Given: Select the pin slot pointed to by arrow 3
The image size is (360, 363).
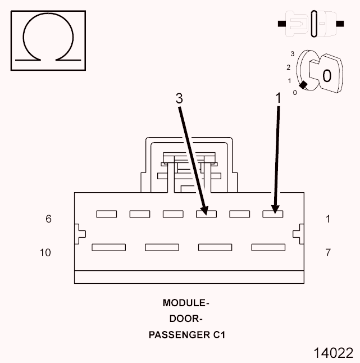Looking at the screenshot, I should pos(206,214).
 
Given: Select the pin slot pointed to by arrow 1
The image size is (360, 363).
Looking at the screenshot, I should pos(273,214).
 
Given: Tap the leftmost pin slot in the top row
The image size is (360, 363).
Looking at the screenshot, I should pos(106,214).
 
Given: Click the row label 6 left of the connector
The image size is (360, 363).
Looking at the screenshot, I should pos(48,219).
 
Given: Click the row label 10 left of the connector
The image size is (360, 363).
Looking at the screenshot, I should pos(45,253).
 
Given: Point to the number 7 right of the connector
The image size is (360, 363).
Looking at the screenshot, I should pos(328,253).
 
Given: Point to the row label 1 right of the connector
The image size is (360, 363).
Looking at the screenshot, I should pos(328,219).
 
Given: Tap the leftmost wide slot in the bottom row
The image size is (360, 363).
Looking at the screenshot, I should pos(108,247).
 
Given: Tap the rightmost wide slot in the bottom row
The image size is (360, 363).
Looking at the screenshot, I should pos(268,247).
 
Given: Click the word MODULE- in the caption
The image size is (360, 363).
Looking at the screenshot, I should pos(186,303).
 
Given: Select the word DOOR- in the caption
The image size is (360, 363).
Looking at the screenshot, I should pos(186,319).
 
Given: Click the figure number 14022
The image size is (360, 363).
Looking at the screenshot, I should pos(334,353).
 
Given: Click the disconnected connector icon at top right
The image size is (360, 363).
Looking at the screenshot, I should pos(311,24).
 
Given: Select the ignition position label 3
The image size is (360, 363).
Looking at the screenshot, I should pos(292,54).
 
